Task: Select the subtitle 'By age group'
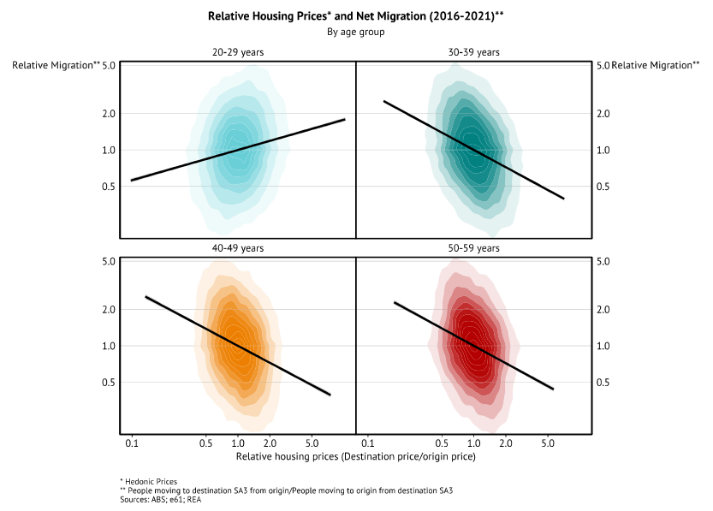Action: point(356,32)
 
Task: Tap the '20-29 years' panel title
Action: point(237,52)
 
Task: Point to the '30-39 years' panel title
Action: point(473,52)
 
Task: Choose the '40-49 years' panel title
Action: point(237,248)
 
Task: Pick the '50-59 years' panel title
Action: point(473,248)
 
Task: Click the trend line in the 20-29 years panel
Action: point(238,150)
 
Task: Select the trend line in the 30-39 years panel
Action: point(473,150)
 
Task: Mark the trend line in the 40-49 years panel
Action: point(238,346)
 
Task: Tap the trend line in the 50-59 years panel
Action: point(473,346)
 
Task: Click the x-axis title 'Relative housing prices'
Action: point(355,457)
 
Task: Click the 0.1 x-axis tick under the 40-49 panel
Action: point(132,444)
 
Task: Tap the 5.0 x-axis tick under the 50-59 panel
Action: point(548,444)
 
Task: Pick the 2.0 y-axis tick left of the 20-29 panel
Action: point(109,114)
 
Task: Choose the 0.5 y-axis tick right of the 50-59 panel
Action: point(602,383)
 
